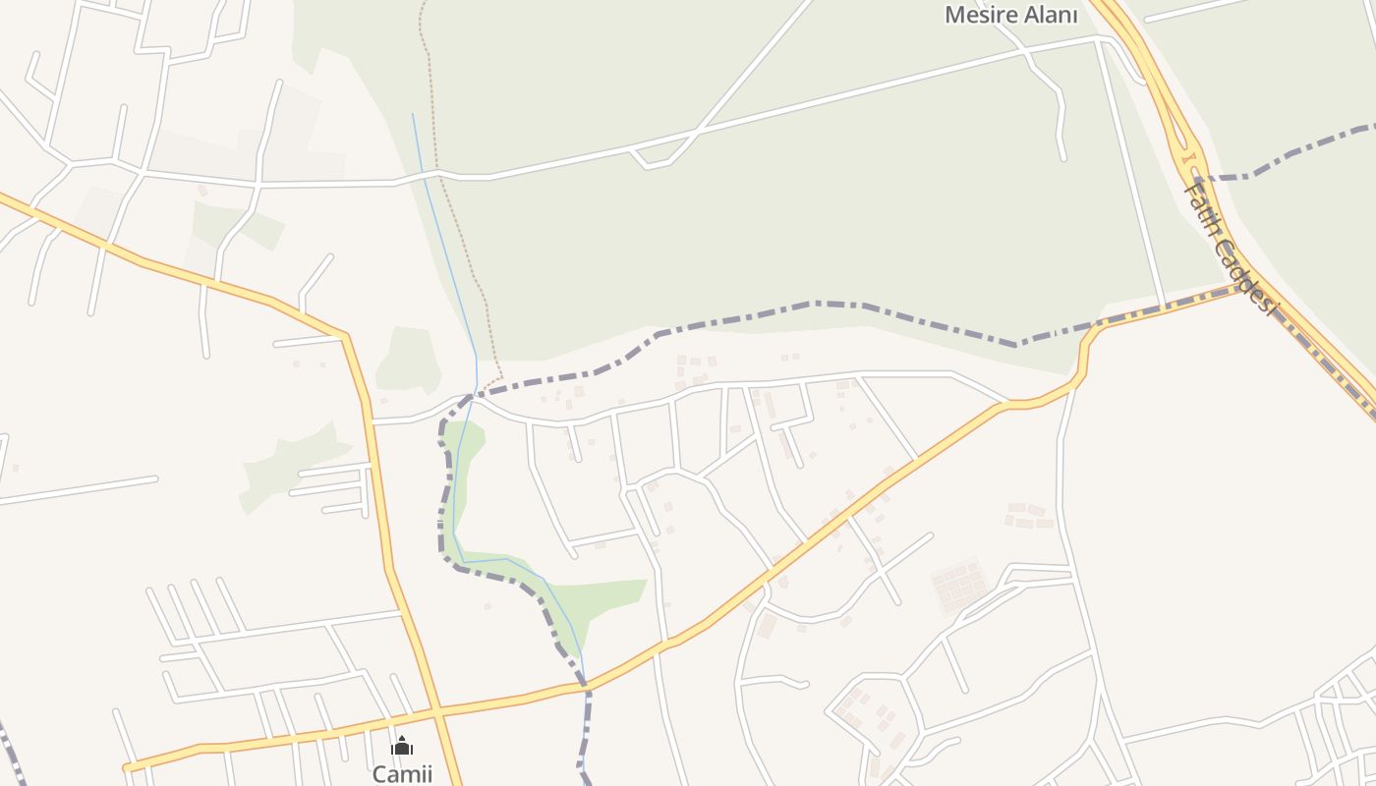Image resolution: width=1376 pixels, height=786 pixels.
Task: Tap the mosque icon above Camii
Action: pyautogui.click(x=401, y=746)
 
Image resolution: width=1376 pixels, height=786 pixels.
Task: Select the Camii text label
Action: pyautogui.click(x=401, y=773)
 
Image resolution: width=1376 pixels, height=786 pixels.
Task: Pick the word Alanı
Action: pyautogui.click(x=1052, y=15)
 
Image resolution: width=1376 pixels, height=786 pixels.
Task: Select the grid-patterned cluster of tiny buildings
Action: pyautogui.click(x=958, y=587)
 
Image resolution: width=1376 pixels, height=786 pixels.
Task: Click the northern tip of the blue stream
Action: pyautogui.click(x=412, y=114)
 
